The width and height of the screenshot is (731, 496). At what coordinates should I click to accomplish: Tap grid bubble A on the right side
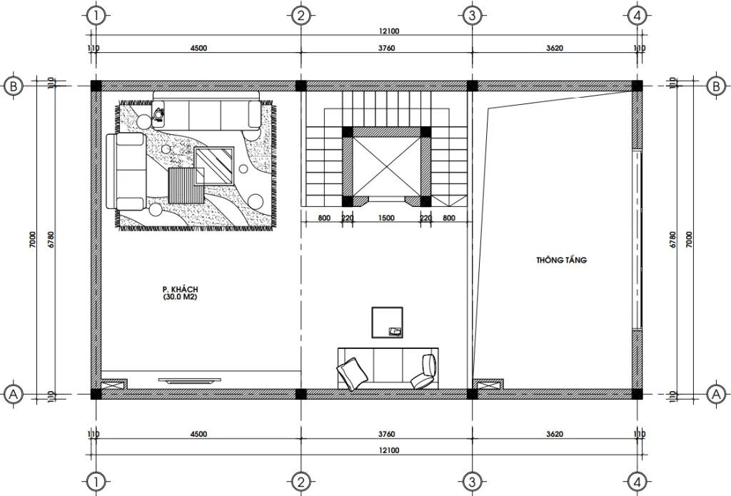coord(715,393)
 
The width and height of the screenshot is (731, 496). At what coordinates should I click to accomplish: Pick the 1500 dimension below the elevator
coord(386,218)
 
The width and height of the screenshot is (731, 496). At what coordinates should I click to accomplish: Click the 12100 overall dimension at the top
coord(389,31)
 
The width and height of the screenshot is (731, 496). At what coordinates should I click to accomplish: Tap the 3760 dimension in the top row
coord(386,49)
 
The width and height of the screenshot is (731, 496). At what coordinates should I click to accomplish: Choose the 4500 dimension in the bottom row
coord(198,434)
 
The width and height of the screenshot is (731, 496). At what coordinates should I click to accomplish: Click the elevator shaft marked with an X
coord(386,166)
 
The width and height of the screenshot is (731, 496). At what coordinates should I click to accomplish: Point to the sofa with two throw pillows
coord(387,368)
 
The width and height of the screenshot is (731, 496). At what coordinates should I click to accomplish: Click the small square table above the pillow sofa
coord(388,321)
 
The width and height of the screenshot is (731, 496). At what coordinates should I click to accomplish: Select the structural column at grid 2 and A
coord(301,393)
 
